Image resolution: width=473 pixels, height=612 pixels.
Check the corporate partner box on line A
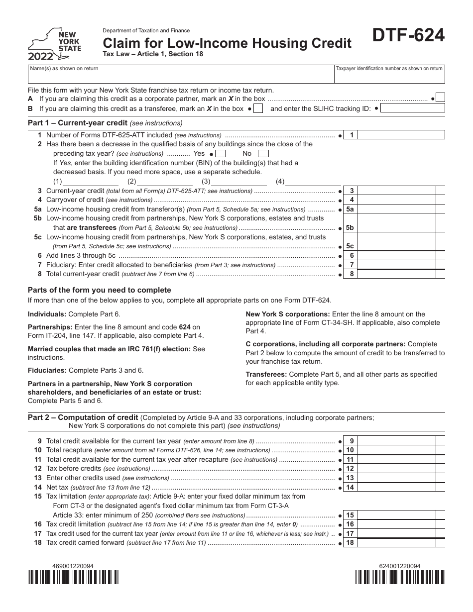(440, 98)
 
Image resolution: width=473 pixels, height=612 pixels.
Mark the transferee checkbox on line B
(258, 108)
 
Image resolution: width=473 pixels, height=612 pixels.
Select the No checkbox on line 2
(264, 154)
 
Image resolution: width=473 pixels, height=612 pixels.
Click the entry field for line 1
(401, 135)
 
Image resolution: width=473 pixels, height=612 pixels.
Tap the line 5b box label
(350, 227)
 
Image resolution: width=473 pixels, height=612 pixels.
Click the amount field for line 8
(396, 274)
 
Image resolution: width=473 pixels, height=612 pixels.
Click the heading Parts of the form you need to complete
(100, 290)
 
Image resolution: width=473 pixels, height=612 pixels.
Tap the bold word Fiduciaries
(47, 370)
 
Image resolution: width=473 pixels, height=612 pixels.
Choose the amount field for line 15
(396, 515)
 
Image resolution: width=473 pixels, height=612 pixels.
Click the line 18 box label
(350, 542)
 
